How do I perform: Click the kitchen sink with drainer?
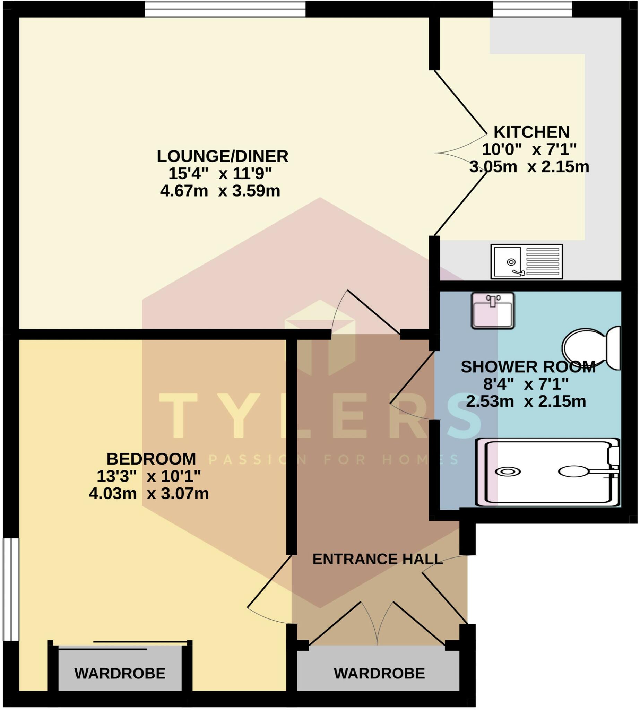[526, 262]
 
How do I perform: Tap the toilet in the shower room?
[591, 348]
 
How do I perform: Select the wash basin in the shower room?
[493, 311]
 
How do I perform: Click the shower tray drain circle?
[508, 472]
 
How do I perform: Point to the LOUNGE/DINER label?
[222, 156]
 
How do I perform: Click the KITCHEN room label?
[531, 132]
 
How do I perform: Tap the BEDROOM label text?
[151, 459]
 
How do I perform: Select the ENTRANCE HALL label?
[377, 559]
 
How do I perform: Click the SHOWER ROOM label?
[528, 367]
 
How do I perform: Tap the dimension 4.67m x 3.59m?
[220, 191]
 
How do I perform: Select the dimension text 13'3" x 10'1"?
[148, 476]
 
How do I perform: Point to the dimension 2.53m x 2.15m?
[526, 401]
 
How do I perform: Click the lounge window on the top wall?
[225, 9]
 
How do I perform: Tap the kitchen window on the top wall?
[533, 9]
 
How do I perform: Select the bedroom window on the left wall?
[10, 589]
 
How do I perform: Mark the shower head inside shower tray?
[573, 471]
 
